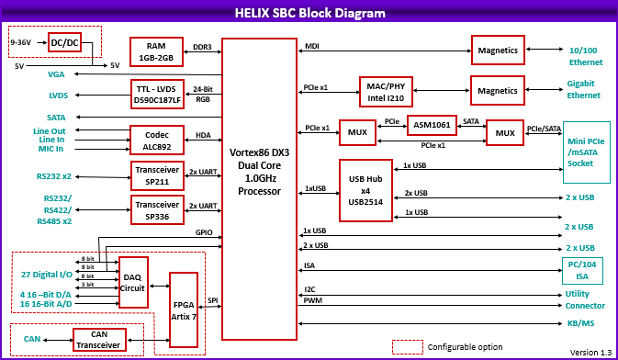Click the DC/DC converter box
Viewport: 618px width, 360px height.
pos(65,43)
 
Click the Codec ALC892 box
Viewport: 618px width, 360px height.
pos(156,139)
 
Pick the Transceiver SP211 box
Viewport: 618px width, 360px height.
pos(156,174)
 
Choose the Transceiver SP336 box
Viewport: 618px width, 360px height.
pos(156,210)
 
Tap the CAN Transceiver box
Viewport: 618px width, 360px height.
pos(98,339)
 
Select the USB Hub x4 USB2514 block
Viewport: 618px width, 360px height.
pos(365,189)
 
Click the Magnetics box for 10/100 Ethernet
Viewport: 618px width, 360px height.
pos(497,51)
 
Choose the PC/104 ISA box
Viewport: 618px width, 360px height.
pos(583,269)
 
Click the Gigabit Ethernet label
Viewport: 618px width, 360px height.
pos(584,89)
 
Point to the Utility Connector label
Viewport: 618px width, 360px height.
pos(584,299)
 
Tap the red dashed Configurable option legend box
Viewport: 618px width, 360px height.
pos(407,346)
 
